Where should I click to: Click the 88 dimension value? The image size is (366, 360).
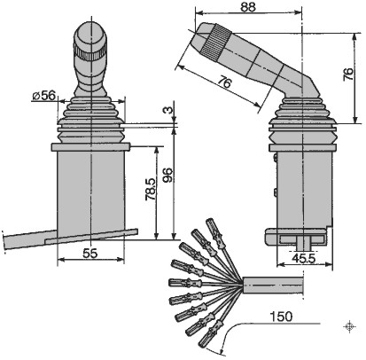pos(248,7)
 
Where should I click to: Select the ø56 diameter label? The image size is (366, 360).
pos(44,96)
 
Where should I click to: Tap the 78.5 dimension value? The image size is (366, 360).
pos(151,189)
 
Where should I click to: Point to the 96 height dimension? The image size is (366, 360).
pos(167,175)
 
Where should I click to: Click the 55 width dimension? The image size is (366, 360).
pos(90,254)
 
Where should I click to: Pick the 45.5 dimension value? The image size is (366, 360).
pos(304,258)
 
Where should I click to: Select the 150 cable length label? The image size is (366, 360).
pos(281,317)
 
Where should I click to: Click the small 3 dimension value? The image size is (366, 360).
pos(167,110)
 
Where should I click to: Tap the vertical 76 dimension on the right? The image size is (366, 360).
pos(348,74)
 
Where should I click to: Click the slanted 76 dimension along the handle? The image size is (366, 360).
pos(224,82)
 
